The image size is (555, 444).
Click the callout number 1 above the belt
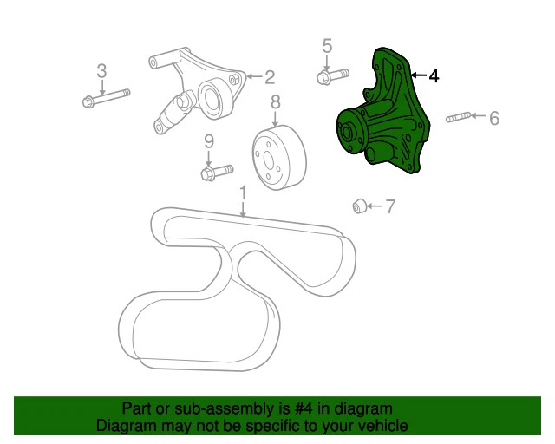(x=243, y=192)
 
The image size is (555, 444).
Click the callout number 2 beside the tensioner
(x=270, y=76)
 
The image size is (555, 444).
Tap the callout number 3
(x=101, y=70)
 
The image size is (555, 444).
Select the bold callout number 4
(x=434, y=76)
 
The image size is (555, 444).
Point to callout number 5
(x=327, y=45)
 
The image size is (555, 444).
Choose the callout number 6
(x=494, y=117)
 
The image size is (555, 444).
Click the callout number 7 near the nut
(x=390, y=206)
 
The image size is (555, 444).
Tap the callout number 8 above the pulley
(x=275, y=102)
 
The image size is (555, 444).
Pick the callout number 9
(x=209, y=141)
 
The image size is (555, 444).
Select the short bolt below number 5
(x=331, y=76)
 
